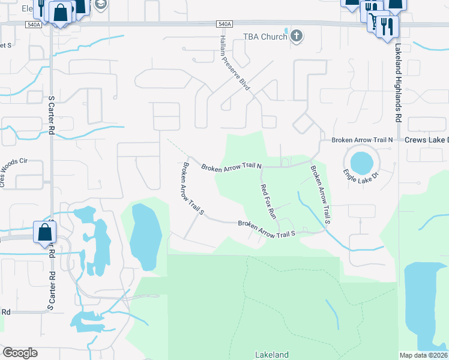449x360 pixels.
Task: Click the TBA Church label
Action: (265, 37)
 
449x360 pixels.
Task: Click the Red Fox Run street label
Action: (268, 200)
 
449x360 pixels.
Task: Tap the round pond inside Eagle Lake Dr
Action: (361, 161)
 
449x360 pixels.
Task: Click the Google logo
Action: (20, 352)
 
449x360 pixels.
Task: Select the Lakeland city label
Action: (272, 354)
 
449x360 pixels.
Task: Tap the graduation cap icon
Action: (100, 4)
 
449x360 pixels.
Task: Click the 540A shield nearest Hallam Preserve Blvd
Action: (224, 24)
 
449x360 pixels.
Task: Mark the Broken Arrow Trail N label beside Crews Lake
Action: (362, 140)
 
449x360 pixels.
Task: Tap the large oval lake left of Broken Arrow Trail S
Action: (146, 236)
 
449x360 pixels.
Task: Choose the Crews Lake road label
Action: (426, 140)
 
